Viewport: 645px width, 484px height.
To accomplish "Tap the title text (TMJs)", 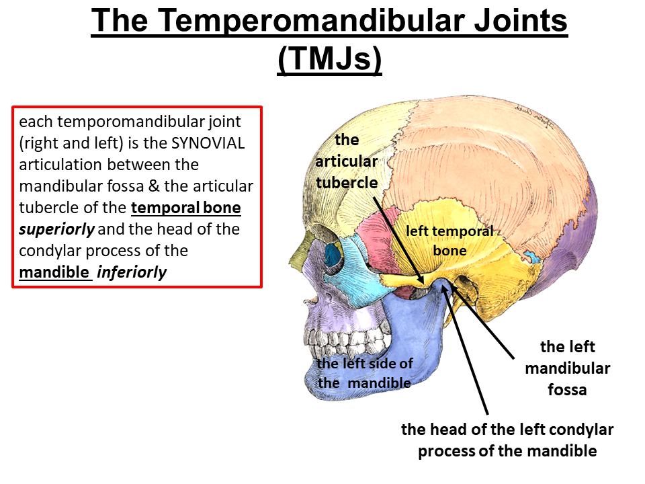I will pos(329,59).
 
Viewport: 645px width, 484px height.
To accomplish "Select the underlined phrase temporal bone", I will pos(186,208).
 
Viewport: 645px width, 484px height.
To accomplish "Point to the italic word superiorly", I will pos(57,229).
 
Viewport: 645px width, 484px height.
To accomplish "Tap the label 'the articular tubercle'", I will pos(347,161).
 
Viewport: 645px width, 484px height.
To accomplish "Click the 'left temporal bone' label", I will pos(449,241).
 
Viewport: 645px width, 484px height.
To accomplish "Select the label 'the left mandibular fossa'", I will pos(568,368).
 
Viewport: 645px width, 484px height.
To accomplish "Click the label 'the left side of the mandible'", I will pos(365,372).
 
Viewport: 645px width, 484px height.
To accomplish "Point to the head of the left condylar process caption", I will pos(507,440).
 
